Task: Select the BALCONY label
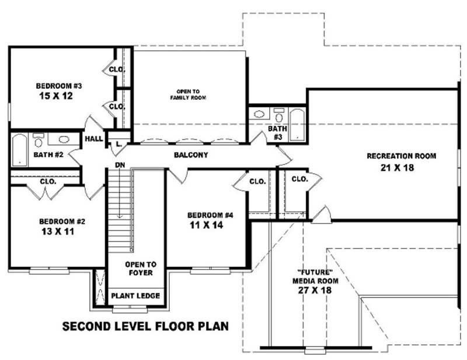click(x=191, y=155)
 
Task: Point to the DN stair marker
click(x=120, y=165)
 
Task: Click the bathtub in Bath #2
click(x=20, y=148)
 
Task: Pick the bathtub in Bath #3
click(x=297, y=124)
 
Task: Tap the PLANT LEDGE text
click(x=135, y=296)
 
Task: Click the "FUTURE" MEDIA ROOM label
click(x=316, y=281)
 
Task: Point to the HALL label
click(x=93, y=139)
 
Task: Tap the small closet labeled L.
click(x=119, y=143)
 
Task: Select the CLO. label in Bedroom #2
click(x=48, y=181)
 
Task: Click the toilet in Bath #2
click(x=40, y=139)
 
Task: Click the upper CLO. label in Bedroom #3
click(x=117, y=70)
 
